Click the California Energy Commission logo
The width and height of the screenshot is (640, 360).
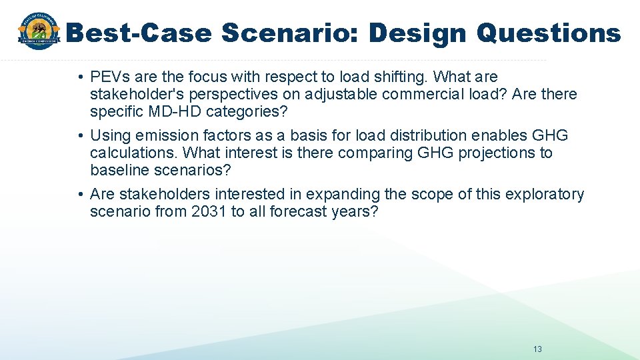(39, 32)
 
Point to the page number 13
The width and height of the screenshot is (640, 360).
(538, 349)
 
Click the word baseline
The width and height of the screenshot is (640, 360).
(119, 169)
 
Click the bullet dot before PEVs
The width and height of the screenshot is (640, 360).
(80, 78)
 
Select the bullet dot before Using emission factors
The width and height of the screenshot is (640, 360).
(80, 136)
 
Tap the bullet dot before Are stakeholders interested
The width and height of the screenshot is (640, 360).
(80, 195)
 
